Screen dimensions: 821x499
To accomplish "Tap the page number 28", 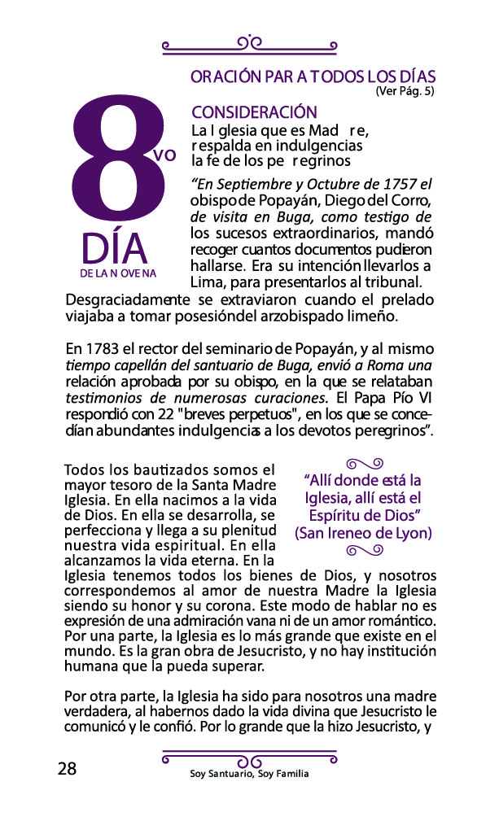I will coord(67,769).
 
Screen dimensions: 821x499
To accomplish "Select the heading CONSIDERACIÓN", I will coord(254,113).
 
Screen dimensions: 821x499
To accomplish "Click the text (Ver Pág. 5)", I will coord(405,92).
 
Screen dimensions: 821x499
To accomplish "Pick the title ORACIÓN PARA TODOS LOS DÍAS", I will coord(313,77).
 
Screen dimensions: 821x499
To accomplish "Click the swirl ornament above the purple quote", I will coord(363,464).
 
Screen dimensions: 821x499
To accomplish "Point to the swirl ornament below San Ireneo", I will coord(363,551).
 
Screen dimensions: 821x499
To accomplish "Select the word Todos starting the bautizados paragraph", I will coord(83,470).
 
